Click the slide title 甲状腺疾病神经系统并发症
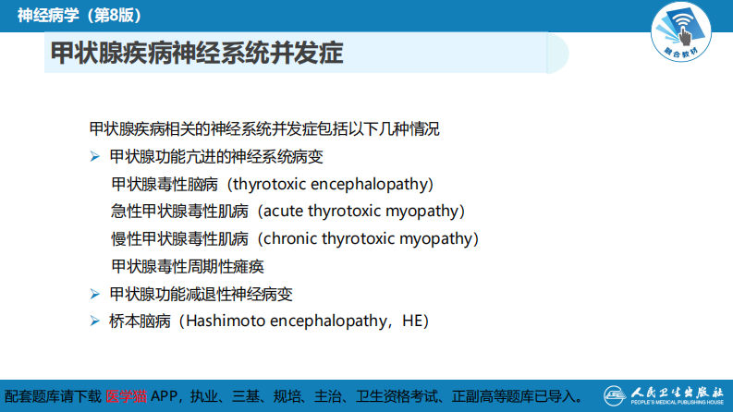click(197, 55)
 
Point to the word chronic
click(291, 239)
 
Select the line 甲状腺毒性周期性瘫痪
click(188, 267)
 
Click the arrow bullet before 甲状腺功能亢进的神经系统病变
click(94, 157)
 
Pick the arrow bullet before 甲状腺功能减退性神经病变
click(94, 295)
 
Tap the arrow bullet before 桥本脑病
click(94, 321)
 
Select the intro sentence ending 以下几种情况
click(264, 129)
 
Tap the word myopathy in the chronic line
click(434, 239)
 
